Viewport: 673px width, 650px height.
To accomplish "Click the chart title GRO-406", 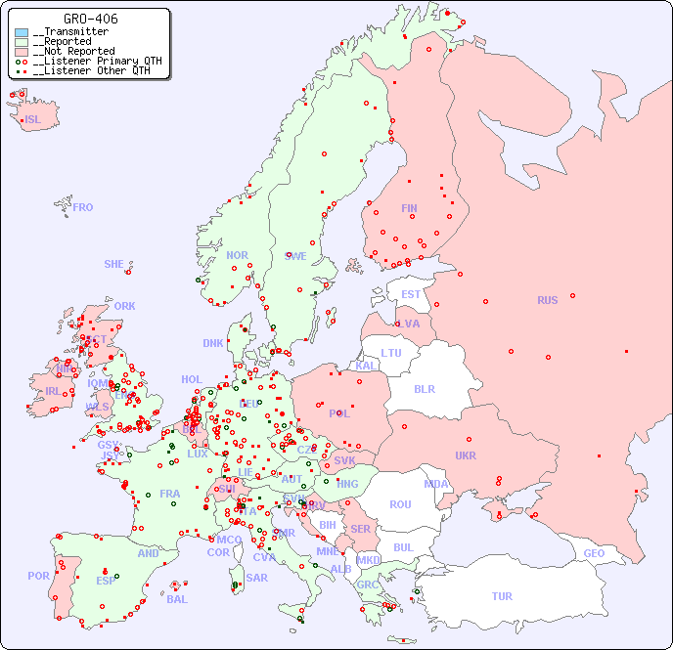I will click(91, 19).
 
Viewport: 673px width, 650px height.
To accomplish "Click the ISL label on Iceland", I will click(33, 120).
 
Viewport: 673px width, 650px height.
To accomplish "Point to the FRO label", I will click(83, 207).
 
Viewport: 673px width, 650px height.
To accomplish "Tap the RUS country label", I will click(547, 300).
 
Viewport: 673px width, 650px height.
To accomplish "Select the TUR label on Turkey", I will click(502, 596).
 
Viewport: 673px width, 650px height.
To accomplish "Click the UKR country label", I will click(466, 455).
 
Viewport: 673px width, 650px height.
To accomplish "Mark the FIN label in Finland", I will click(409, 208).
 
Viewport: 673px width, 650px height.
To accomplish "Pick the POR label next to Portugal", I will click(38, 576).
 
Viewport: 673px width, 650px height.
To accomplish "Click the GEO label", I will click(594, 553).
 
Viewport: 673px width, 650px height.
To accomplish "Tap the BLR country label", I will click(425, 388).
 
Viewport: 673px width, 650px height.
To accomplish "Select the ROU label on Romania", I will click(400, 504).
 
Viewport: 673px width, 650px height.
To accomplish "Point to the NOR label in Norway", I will click(237, 255).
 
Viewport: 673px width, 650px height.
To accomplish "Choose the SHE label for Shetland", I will click(114, 264).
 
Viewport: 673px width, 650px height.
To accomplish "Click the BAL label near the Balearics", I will click(177, 599).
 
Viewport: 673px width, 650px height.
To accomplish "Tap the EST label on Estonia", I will click(411, 294).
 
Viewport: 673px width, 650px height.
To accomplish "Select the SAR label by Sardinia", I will click(256, 578).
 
